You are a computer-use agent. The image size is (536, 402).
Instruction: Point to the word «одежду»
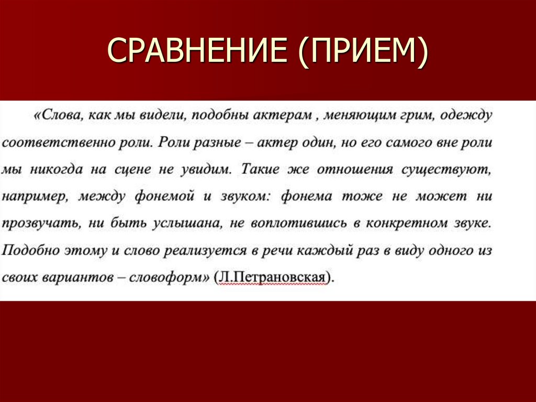(466, 115)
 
